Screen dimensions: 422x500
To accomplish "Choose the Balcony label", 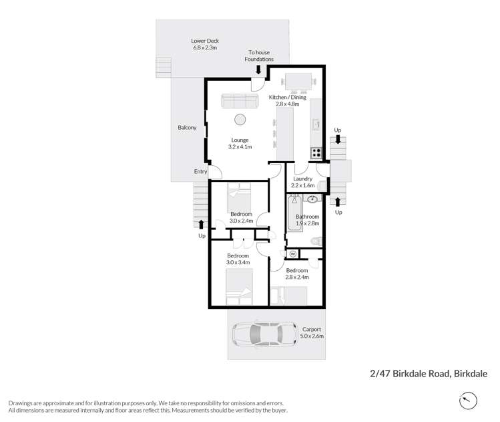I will pos(187,128).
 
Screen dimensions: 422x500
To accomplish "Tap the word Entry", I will pos(200,172).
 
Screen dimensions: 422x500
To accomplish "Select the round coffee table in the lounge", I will pos(240,120).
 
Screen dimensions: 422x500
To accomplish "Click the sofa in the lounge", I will pos(240,101).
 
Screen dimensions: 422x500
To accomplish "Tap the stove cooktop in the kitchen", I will pos(316,152).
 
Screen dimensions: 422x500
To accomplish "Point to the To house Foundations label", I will pos(260,56).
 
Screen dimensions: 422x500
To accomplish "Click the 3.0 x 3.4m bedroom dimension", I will pos(238,263).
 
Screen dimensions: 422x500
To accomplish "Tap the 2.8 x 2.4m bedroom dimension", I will pos(296,276).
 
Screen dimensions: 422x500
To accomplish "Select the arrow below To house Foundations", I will pos(259,69).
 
